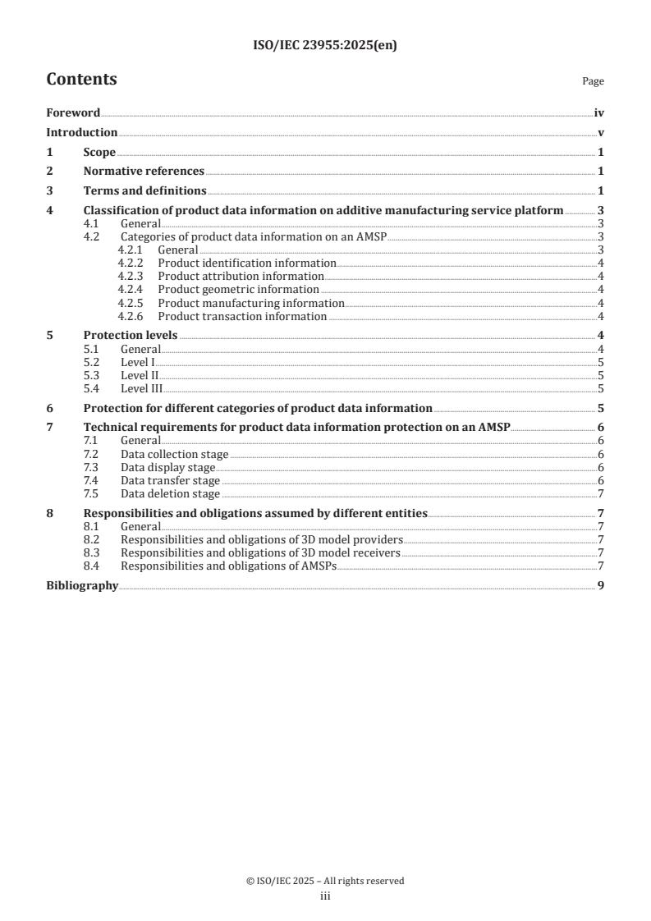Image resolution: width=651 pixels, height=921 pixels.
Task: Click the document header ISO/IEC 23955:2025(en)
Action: (x=325, y=46)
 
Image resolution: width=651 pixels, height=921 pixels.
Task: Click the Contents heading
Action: (x=81, y=80)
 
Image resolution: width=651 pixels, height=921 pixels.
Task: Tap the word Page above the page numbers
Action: (x=593, y=81)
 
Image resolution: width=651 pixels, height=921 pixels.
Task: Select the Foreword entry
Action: (x=73, y=113)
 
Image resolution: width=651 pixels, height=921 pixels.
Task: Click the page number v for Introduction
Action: (x=601, y=133)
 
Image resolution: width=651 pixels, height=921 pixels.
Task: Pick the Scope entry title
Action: (x=99, y=152)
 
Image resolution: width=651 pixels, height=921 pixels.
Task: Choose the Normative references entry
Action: (x=144, y=172)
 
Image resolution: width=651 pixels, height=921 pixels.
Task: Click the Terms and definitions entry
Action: (x=144, y=191)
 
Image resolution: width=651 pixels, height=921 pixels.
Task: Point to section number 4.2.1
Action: (x=131, y=250)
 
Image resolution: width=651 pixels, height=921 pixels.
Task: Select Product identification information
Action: (x=246, y=263)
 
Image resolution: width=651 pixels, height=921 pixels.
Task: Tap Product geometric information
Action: (x=238, y=289)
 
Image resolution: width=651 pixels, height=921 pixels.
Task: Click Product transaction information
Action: (x=242, y=316)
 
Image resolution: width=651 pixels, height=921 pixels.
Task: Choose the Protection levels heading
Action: (x=131, y=335)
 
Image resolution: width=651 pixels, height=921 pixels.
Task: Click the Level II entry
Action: (x=139, y=375)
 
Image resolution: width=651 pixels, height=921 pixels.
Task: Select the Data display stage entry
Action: (x=167, y=468)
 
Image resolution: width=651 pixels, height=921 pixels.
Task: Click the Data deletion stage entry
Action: (x=170, y=494)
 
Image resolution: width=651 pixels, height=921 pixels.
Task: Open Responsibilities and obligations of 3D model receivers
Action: (x=260, y=553)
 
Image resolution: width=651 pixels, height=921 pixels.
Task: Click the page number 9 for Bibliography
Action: (x=601, y=586)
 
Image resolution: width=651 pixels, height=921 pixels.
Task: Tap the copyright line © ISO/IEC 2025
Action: (x=325, y=881)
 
